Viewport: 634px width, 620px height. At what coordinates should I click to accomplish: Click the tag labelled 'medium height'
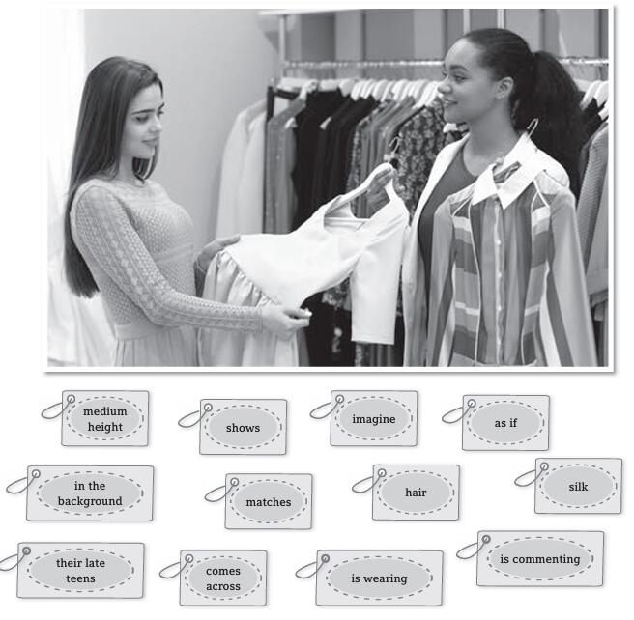pos(104,418)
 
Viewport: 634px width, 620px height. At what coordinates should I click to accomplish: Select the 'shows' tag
pos(243,427)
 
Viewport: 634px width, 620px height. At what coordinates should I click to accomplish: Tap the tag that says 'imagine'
pos(374,418)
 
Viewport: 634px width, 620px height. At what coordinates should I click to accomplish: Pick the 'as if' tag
pos(505,422)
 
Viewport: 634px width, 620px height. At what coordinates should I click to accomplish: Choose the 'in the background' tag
pos(90,493)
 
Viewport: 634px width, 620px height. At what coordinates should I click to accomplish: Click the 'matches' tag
pos(269,501)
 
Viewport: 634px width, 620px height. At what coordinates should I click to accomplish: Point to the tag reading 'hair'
pos(416,493)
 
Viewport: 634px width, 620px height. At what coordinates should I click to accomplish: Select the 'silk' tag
pos(578,486)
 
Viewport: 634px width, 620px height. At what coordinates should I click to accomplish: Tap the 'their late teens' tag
pos(80,571)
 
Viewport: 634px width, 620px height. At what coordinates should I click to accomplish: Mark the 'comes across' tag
pos(223,578)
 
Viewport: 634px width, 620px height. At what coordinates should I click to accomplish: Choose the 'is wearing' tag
pos(379,578)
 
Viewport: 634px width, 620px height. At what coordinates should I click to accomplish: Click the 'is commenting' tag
pos(540,558)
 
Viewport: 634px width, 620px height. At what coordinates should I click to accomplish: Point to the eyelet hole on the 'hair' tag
pos(382,472)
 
